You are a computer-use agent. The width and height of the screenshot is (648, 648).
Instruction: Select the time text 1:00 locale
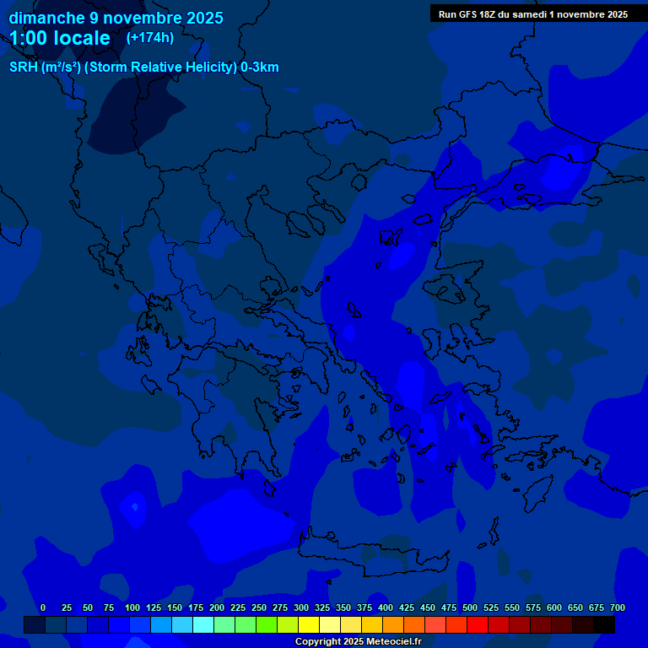(60, 38)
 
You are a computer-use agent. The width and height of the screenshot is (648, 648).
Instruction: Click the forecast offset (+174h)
(150, 37)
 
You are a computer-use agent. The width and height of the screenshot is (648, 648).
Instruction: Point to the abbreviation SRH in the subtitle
(24, 67)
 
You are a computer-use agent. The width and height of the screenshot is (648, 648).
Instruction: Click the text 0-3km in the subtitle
(260, 67)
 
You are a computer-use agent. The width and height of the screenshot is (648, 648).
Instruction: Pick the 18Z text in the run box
(497, 14)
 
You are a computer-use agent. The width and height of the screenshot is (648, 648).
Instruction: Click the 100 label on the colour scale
(132, 607)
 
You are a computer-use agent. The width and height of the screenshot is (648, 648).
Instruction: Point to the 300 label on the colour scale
(301, 607)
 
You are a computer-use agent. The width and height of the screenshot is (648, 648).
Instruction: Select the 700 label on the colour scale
(617, 607)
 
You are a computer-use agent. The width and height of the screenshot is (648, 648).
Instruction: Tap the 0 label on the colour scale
(43, 607)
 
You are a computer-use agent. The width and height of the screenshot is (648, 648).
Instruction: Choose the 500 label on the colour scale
(470, 607)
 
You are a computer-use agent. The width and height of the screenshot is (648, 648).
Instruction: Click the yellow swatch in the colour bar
(309, 625)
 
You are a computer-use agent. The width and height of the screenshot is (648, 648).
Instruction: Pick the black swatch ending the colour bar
(604, 625)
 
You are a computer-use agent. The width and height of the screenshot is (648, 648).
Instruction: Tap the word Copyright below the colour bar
(318, 642)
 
